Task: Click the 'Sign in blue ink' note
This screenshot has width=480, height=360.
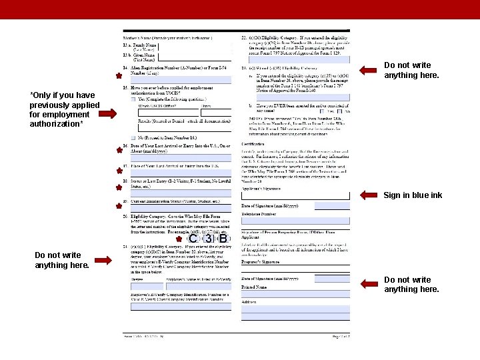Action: (x=413, y=195)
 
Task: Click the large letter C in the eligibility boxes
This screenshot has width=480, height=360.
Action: (x=193, y=239)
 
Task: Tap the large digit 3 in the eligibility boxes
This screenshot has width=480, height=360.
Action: (x=208, y=239)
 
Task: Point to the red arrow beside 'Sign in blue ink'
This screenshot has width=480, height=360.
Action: (x=369, y=195)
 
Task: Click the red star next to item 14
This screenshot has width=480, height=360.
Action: (x=118, y=76)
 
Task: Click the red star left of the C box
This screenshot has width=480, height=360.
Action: (x=179, y=239)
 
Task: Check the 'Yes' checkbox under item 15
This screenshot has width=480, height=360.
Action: (x=133, y=99)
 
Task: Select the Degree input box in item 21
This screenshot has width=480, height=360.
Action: (x=145, y=286)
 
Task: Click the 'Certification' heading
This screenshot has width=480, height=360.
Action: (x=253, y=143)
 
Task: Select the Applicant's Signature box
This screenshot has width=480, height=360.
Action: (x=295, y=195)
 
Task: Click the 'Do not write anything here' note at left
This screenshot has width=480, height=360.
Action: (x=61, y=260)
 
